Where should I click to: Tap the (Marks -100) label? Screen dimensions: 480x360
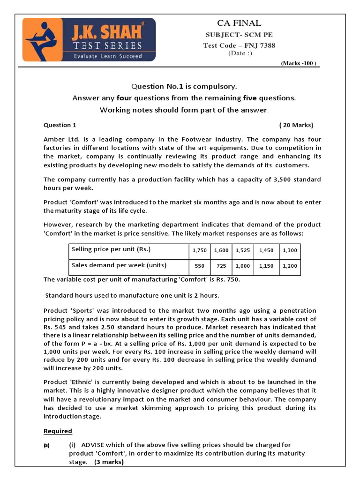point(299,63)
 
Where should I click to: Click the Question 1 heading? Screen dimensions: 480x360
point(60,125)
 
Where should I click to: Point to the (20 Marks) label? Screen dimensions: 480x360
point(296,125)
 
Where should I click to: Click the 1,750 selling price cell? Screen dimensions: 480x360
point(200,250)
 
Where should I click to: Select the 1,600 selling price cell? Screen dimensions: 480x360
point(221,250)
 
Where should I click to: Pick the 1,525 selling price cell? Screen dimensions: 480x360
point(243,250)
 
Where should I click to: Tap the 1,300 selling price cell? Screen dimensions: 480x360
point(290,250)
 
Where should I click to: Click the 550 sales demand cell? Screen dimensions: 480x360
point(200,266)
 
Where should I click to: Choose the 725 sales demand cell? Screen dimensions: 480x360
point(221,266)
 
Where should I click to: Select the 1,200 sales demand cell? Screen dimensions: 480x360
point(290,266)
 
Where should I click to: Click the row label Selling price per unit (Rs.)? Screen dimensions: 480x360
point(111,249)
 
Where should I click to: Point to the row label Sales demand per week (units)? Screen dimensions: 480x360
point(119,265)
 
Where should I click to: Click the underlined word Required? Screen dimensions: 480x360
point(58,431)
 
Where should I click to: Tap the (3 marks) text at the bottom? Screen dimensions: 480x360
point(109,462)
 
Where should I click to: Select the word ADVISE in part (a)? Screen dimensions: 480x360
point(95,445)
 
